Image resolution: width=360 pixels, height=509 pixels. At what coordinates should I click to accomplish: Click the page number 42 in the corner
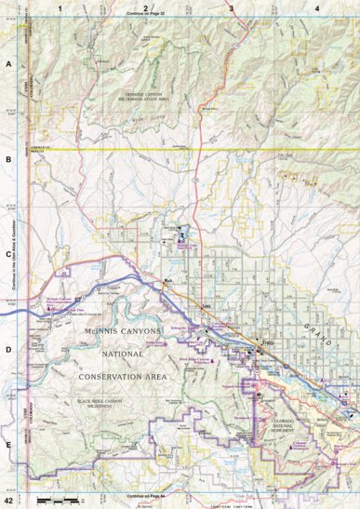point(8,502)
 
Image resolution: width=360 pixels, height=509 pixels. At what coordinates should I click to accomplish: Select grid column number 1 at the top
point(60,7)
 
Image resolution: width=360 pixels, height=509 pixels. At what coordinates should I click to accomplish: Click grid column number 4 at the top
point(316,7)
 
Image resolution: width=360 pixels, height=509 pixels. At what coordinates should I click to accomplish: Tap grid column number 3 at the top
point(231,7)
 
